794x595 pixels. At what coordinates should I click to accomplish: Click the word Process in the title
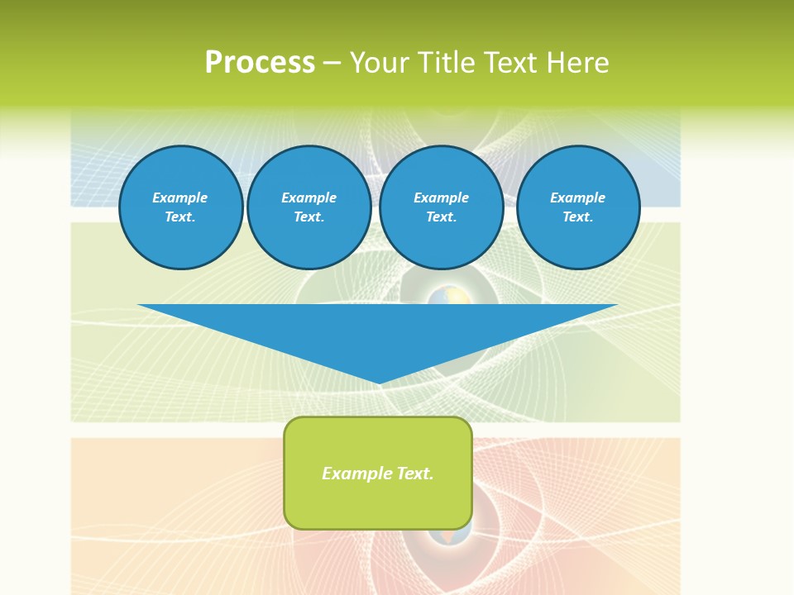(x=260, y=63)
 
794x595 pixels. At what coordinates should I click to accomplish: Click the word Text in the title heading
(x=510, y=63)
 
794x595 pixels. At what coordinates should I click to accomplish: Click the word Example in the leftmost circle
(x=180, y=198)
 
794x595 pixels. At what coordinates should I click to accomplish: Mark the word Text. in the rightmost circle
(x=578, y=217)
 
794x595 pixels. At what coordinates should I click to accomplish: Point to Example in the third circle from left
(x=441, y=198)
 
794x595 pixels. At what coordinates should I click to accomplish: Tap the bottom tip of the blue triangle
(x=379, y=381)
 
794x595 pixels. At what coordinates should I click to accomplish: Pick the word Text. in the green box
(x=415, y=474)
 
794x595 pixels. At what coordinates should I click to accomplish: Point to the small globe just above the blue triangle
(x=439, y=296)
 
